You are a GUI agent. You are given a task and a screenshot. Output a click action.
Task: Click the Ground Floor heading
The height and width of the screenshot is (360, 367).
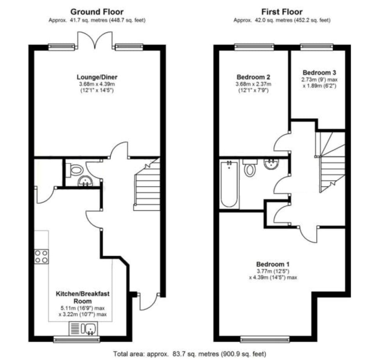point(97,12)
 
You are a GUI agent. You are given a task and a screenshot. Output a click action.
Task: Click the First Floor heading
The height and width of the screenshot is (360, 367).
point(282,12)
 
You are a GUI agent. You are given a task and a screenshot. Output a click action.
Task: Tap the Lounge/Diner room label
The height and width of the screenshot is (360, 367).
point(97,77)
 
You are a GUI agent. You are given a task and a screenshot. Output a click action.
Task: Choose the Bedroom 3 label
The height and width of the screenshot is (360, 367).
point(319,73)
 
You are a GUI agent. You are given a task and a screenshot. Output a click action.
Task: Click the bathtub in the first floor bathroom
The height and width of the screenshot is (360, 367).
point(229,184)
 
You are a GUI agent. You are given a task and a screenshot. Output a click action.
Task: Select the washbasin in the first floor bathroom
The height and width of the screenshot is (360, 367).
point(271,164)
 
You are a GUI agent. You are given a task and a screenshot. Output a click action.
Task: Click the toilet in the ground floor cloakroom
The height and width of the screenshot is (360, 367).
point(75,169)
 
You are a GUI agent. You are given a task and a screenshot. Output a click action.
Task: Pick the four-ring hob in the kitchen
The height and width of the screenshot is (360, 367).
point(41,256)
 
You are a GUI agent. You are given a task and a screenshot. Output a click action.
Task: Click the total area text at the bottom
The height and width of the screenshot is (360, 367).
point(190,354)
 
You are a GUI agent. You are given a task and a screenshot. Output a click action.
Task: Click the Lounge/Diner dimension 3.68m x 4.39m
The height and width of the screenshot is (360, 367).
point(97,84)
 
